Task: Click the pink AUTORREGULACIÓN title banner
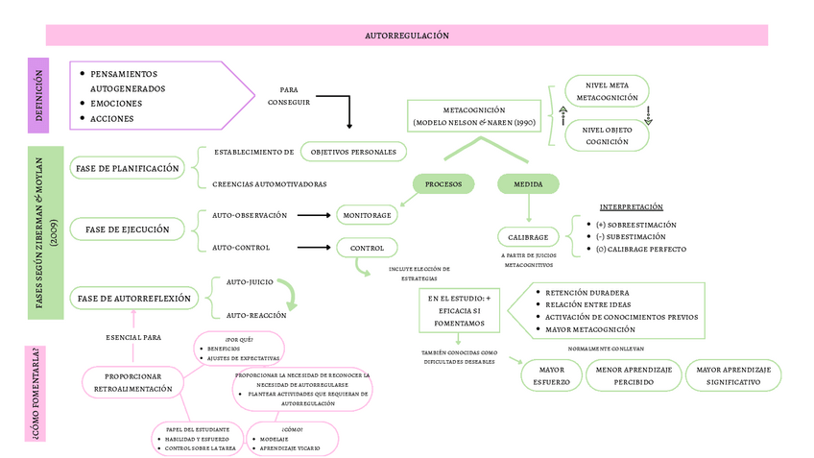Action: [x=407, y=36]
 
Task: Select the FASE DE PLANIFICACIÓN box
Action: [x=127, y=168]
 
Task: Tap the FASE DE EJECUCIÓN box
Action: [x=127, y=229]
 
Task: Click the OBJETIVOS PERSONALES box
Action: [x=354, y=152]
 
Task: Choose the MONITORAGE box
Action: [x=367, y=215]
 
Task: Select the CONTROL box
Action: [x=367, y=248]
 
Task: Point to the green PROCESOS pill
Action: [x=443, y=183]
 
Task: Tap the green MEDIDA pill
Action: [x=528, y=183]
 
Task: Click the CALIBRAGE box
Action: [x=528, y=237]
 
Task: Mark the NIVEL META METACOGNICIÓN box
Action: [x=607, y=91]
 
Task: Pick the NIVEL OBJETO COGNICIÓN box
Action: [x=607, y=135]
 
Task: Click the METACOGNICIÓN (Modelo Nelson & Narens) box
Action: [x=474, y=117]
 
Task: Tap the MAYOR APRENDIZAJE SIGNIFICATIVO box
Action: [x=733, y=375]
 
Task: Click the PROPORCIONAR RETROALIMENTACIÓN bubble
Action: [x=133, y=382]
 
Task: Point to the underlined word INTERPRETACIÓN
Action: [x=631, y=207]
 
